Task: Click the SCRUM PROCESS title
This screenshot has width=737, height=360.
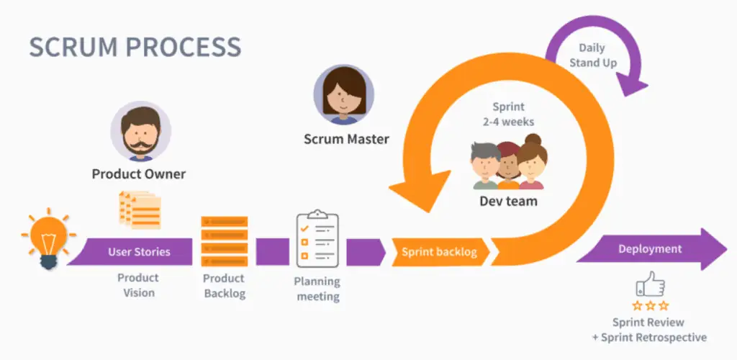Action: [x=135, y=47]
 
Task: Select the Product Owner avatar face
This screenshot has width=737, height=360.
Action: [x=140, y=135]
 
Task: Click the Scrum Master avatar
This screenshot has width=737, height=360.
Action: [x=343, y=94]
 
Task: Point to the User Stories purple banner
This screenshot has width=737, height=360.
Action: [x=139, y=252]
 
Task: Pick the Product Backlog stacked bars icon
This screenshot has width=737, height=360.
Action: [x=225, y=242]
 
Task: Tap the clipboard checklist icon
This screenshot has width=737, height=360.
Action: [x=317, y=238]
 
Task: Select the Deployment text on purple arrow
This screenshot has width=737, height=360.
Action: [x=649, y=249]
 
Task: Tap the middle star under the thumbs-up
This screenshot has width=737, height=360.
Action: [x=650, y=305]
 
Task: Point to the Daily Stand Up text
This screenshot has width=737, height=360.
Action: [x=593, y=55]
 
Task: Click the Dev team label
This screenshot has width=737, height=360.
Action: [x=508, y=201]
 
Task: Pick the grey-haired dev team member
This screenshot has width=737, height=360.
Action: [x=487, y=163]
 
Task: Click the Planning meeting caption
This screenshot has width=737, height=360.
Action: [x=317, y=289]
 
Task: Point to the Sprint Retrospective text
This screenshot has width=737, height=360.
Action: [x=653, y=337]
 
